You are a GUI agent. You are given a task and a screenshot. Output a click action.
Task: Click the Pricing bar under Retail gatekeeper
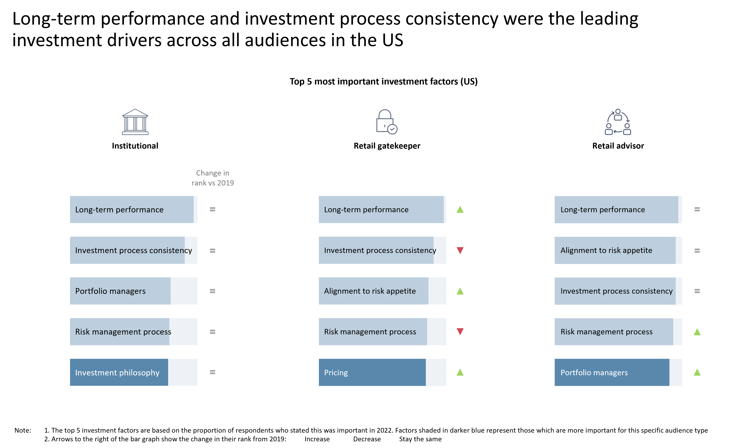click(x=372, y=372)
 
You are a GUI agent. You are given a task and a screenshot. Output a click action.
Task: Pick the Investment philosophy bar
click(x=119, y=372)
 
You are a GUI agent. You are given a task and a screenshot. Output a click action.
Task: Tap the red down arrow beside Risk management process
click(x=460, y=331)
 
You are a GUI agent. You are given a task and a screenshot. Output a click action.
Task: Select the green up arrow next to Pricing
click(x=460, y=372)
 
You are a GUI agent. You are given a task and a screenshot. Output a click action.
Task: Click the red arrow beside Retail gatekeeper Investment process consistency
click(x=460, y=250)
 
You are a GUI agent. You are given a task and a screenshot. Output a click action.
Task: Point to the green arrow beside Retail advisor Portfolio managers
click(x=697, y=372)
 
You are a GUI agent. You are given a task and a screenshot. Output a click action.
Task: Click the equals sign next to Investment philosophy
click(x=213, y=372)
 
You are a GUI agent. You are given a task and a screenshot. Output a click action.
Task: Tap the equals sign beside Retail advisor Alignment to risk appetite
click(x=697, y=251)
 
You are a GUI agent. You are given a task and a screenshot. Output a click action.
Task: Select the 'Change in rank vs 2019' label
click(x=213, y=178)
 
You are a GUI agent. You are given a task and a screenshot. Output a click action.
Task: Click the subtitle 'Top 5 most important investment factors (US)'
click(x=383, y=81)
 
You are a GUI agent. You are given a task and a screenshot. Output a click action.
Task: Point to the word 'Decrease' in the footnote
click(x=367, y=439)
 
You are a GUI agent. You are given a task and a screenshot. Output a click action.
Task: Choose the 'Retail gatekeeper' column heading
click(x=387, y=146)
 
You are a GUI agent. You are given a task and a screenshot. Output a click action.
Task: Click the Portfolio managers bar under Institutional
click(x=120, y=291)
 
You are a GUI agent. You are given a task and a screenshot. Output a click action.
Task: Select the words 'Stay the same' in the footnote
click(x=420, y=439)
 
